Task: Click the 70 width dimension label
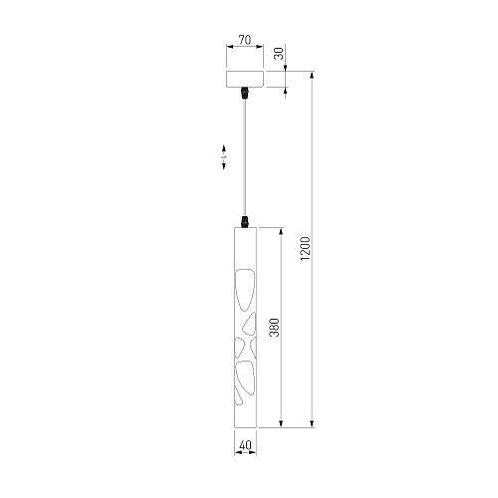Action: [245, 40]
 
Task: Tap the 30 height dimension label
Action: [280, 53]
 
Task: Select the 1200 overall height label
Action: [305, 249]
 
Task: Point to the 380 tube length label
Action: [274, 328]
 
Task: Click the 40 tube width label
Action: [245, 445]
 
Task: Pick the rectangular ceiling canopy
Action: [245, 79]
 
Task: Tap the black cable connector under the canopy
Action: [245, 93]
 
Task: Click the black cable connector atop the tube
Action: [245, 222]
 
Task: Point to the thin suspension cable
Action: [245, 157]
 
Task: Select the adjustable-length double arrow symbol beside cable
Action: [224, 157]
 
